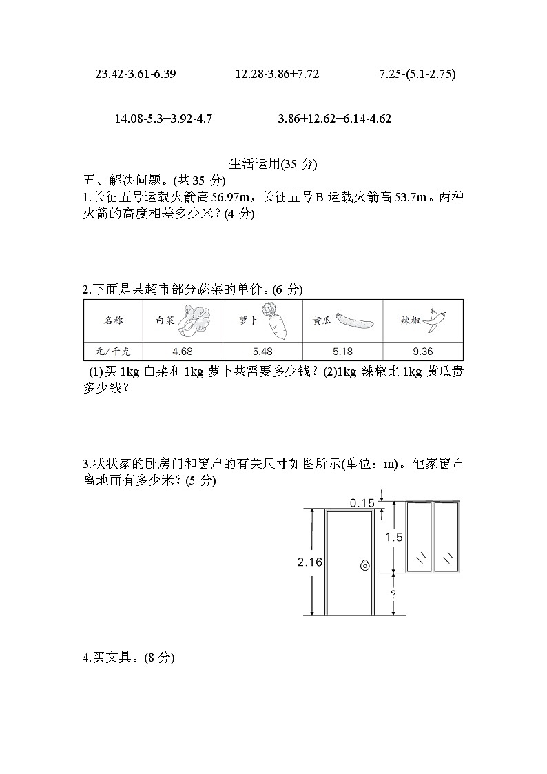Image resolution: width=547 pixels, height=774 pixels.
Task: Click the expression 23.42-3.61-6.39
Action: point(136,74)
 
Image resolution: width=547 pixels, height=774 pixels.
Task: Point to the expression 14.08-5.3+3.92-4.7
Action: point(163,119)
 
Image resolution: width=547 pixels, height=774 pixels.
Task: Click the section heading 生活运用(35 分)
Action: point(272,164)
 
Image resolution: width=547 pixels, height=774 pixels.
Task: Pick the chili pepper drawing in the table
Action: point(433,319)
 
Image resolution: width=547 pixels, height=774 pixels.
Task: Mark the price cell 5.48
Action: point(262,351)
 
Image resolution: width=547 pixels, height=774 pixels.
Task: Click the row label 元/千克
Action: point(112,351)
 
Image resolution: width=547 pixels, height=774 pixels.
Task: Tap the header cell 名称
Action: point(112,320)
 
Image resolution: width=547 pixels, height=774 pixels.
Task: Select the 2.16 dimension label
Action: point(310,562)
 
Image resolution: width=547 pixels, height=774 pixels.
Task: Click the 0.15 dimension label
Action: point(362,503)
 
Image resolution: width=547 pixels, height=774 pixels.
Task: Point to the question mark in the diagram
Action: point(393,593)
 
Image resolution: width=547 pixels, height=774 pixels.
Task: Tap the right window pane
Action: point(446,536)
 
